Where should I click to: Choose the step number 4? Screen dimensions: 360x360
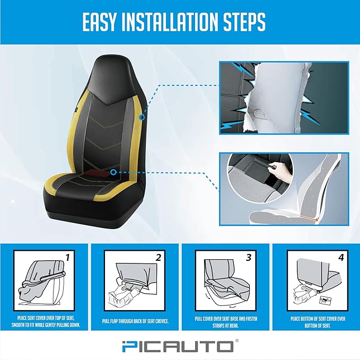[340, 258]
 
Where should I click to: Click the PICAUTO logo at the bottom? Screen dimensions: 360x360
[180, 346]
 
